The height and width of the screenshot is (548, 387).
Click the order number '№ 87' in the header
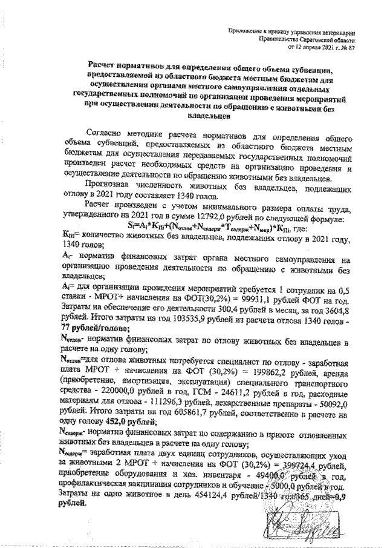pos(346,46)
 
